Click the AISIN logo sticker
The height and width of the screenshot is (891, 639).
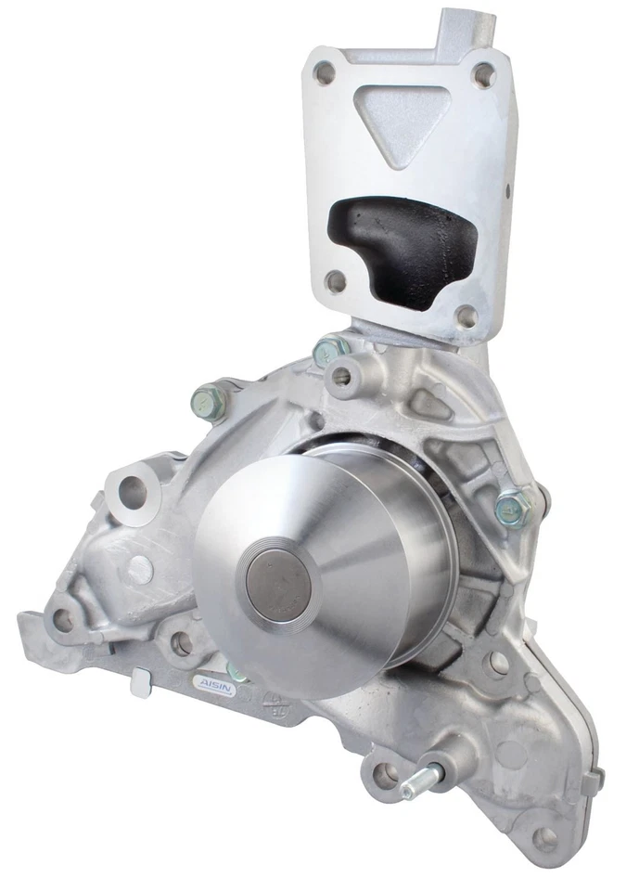point(214,682)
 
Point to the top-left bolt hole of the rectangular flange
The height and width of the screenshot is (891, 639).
point(325,72)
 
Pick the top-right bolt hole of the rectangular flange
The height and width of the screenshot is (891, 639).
point(483,74)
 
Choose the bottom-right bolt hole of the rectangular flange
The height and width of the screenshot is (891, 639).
point(467,316)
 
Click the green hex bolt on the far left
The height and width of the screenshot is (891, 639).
point(209,402)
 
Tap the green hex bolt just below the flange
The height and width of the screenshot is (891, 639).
point(329,351)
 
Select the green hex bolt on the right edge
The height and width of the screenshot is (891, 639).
point(513,507)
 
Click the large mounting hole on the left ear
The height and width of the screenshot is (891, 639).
point(133,492)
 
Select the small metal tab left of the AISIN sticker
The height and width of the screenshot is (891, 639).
point(141,682)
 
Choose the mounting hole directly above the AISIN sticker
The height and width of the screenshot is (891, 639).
point(182,642)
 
